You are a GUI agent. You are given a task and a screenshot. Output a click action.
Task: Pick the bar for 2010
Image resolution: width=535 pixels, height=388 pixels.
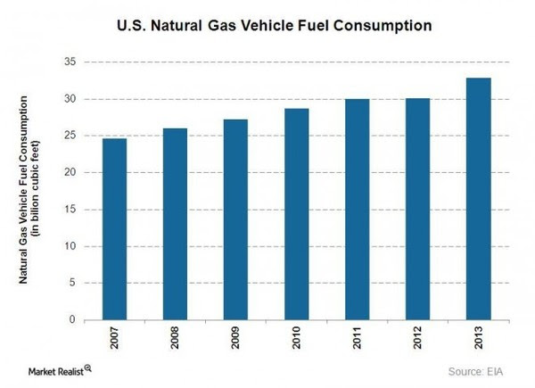pos(298,214)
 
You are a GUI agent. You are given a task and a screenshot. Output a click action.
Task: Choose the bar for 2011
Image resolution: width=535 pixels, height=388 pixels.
pos(358,209)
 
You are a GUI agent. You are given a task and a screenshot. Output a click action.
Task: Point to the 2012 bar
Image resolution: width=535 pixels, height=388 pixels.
pos(417,209)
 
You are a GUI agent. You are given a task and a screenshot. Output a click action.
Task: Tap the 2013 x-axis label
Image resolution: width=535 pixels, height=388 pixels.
pos(478,340)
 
